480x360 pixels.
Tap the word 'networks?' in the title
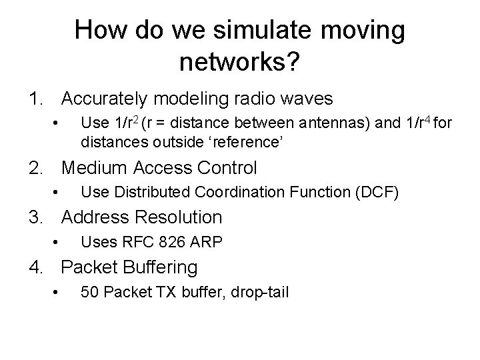tap(240, 63)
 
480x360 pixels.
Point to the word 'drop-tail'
tap(261, 293)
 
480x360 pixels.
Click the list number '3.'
tap(37, 217)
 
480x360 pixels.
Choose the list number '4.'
tap(37, 267)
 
